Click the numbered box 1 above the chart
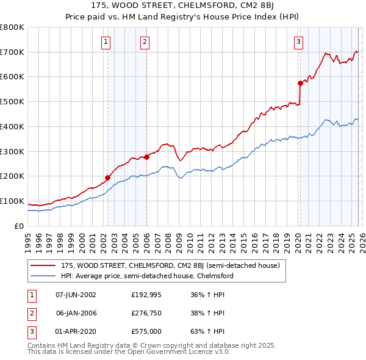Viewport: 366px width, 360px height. [x=106, y=42]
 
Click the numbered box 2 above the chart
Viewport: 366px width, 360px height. [x=145, y=42]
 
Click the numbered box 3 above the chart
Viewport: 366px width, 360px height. [x=298, y=42]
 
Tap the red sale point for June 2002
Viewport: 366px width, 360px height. [x=108, y=178]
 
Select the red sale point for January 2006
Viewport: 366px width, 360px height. [x=147, y=157]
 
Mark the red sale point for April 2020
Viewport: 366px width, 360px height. [x=300, y=83]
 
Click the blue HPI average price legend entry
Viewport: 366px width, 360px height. [x=146, y=276]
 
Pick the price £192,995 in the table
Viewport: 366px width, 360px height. [x=146, y=295]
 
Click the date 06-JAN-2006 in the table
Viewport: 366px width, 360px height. [x=76, y=313]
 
